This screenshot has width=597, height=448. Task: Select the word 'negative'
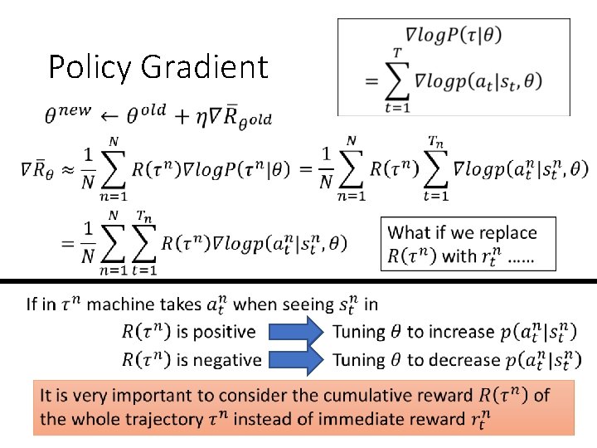[226, 360]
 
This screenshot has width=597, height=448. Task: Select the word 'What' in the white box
[410, 233]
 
